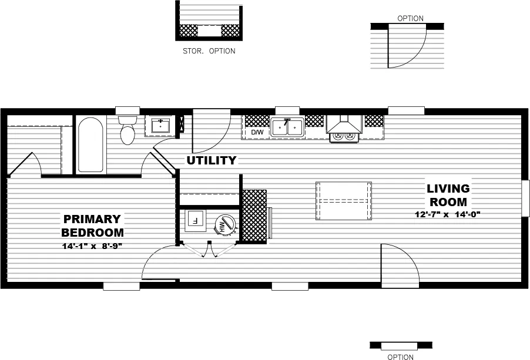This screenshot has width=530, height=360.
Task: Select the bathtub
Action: [90, 145]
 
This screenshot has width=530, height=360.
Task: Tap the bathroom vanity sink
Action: [160, 126]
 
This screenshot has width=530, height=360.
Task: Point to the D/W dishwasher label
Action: [257, 133]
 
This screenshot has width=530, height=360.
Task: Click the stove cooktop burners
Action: [344, 136]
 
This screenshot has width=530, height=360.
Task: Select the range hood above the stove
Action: [344, 124]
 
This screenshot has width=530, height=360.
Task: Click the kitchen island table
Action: [344, 201]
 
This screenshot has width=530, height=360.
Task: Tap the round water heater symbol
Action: [224, 224]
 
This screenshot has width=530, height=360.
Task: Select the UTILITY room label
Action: [212, 160]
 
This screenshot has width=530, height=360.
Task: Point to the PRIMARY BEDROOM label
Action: [92, 225]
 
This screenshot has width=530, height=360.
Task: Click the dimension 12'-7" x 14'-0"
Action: [448, 214]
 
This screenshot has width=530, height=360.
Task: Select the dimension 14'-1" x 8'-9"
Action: [92, 245]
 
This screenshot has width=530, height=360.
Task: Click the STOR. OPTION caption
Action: [209, 51]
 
